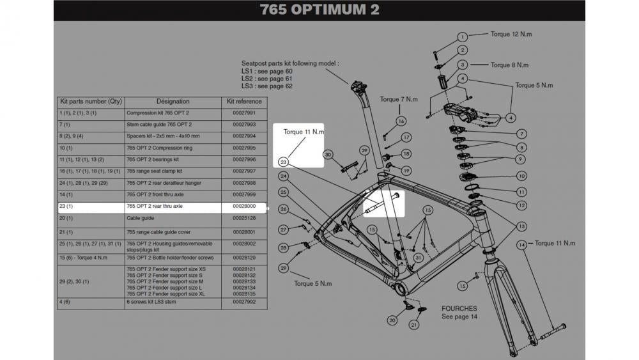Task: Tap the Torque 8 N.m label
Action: point(509,65)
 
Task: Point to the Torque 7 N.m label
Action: point(399,99)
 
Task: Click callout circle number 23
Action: point(284,162)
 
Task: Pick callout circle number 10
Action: point(521,176)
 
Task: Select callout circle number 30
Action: point(328,155)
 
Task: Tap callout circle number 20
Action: point(392,320)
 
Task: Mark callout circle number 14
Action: point(521,244)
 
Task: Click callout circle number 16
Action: point(401,121)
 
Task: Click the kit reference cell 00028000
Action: point(244,207)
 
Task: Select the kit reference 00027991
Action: point(244,113)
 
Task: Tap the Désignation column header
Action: point(173,101)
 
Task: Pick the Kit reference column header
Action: point(244,101)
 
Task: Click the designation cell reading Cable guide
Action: point(140,218)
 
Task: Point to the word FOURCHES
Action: point(459,308)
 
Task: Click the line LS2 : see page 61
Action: point(266,79)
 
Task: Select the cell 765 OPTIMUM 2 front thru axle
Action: point(155,194)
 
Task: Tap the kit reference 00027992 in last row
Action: point(244,302)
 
